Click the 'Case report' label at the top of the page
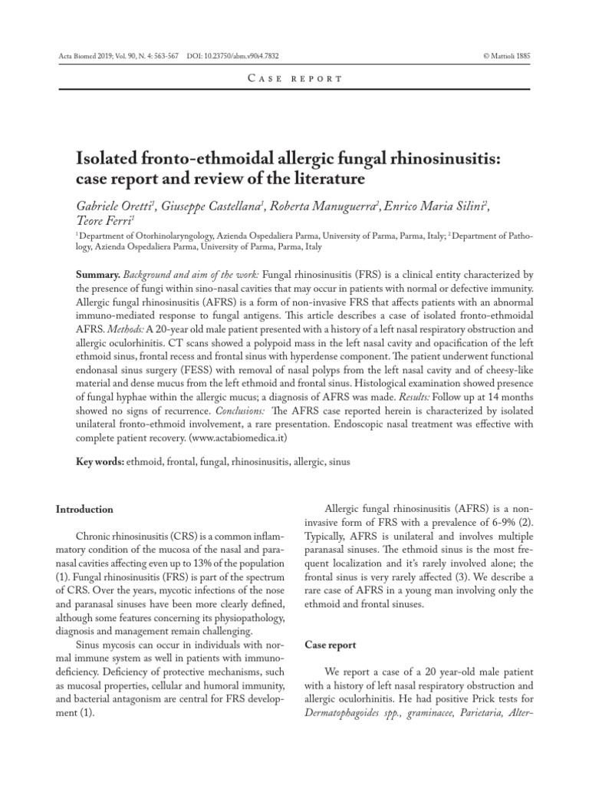[x=294, y=79]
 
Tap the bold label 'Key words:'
[x=99, y=463]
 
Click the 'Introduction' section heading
[x=85, y=509]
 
